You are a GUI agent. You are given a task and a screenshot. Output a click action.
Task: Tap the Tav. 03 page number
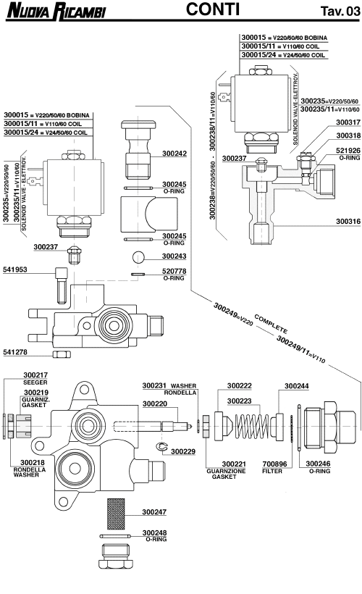(338, 11)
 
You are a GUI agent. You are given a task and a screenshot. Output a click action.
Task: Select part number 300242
(174, 154)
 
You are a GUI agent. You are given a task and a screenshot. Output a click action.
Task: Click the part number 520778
(174, 271)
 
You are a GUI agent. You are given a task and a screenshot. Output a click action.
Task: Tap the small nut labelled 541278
(62, 354)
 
